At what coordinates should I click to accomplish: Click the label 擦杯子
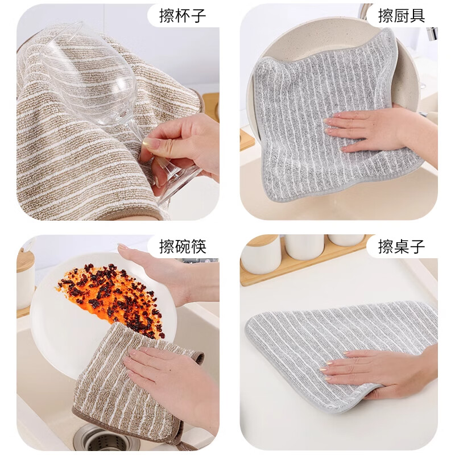[x=183, y=15]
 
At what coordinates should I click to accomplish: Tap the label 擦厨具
[x=402, y=15]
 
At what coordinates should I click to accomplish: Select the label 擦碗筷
[x=183, y=247]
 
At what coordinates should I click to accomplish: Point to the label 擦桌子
[x=402, y=247]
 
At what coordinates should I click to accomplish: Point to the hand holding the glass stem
[x=182, y=145]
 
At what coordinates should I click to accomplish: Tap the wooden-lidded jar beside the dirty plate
[x=25, y=279]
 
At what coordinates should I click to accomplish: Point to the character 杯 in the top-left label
[x=183, y=15]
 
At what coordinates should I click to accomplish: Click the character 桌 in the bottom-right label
[x=402, y=247]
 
